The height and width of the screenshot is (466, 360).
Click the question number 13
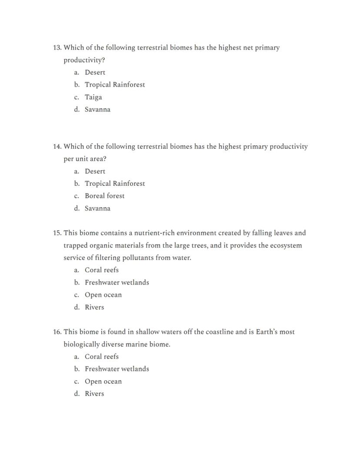pos(57,47)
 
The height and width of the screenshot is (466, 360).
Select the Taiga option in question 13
pos(93,97)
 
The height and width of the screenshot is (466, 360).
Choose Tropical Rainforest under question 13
pos(115,85)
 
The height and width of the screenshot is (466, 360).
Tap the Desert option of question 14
pos(95,171)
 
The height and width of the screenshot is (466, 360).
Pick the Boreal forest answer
pos(104,196)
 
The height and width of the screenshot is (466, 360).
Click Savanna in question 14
pos(97,208)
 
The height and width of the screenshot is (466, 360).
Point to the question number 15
pos(57,233)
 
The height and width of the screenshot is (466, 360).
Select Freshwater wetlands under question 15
pos(117,282)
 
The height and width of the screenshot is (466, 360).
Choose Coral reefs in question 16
pos(101,357)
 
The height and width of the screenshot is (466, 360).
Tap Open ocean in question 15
pos(103,295)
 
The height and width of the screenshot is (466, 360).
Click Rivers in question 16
pos(94,394)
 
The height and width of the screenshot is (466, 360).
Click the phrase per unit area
pos(85,159)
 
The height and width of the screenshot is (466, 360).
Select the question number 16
pos(57,332)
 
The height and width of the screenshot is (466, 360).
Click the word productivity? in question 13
pos(84,60)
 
